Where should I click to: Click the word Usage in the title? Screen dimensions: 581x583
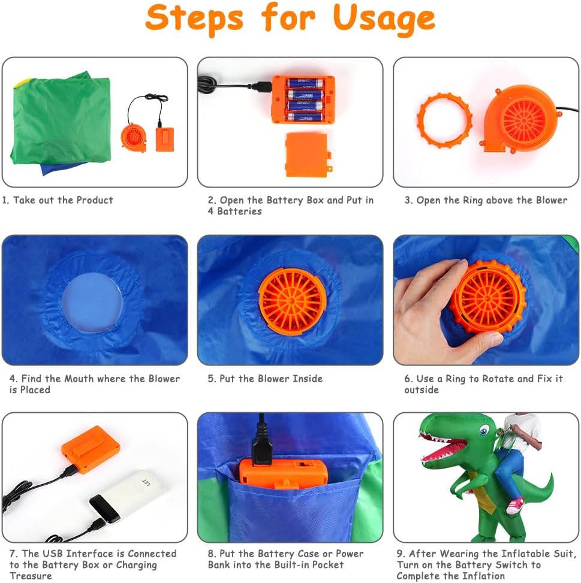(384, 19)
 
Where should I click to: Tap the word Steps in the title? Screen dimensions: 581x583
(194, 19)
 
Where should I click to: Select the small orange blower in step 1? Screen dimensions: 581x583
(134, 138)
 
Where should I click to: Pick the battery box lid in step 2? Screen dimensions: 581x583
(307, 155)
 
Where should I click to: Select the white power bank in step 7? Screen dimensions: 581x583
(127, 496)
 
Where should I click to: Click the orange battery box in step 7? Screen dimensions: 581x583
(91, 450)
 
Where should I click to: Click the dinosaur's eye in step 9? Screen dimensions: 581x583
(484, 431)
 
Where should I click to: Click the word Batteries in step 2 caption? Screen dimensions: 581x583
(239, 211)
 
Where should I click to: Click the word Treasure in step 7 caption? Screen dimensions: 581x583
(31, 576)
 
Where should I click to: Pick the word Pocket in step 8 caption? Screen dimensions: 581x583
(327, 564)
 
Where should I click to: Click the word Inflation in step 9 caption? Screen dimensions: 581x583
(483, 576)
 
